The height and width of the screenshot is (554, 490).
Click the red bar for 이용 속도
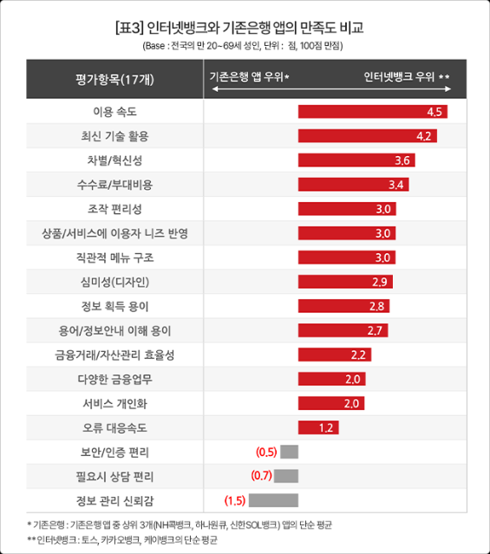pos(364,112)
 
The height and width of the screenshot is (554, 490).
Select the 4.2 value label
pos(424,136)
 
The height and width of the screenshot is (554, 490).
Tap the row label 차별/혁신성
pos(115,160)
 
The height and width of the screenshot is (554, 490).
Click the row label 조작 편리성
pos(115,209)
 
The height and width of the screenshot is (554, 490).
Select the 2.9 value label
pos(379,282)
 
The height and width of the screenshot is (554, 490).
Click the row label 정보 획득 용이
pos(115,306)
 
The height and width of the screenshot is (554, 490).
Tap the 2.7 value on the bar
pos(376,330)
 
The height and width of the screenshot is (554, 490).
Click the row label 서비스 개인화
pos(115,403)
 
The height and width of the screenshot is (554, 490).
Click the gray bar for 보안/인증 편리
pos(290,452)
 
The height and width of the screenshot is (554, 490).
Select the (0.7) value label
pos(261,476)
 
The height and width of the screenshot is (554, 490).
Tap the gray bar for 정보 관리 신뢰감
pos(274,500)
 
